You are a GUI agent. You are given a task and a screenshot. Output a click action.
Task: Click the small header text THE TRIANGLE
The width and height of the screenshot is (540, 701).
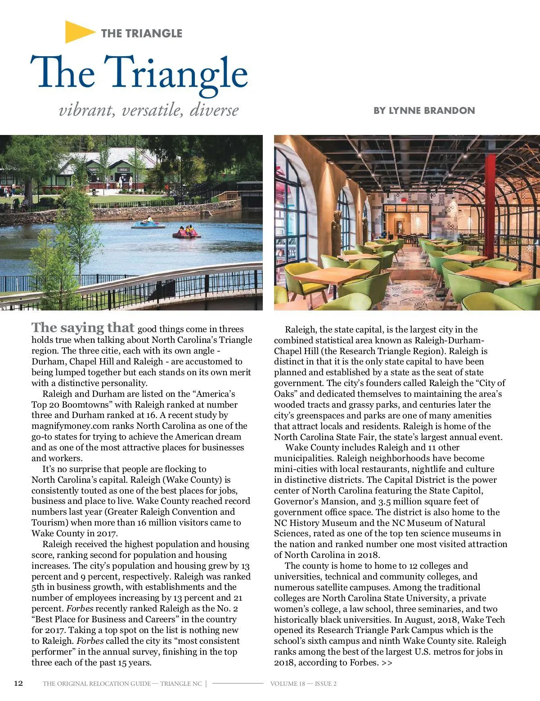point(141,33)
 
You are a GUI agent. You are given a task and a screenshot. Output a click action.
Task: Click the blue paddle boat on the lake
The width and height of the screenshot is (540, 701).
point(148,223)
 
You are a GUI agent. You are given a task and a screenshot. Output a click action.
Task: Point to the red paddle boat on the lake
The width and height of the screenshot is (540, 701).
point(187,232)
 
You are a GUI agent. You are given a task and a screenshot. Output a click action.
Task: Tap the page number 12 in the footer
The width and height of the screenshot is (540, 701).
point(18,683)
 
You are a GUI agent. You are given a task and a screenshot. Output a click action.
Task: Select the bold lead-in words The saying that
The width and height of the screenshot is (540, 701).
point(83,328)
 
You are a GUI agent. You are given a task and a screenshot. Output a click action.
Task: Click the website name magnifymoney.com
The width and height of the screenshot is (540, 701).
point(71,426)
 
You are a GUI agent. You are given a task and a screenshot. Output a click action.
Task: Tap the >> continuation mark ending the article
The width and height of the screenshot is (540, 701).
point(387,663)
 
